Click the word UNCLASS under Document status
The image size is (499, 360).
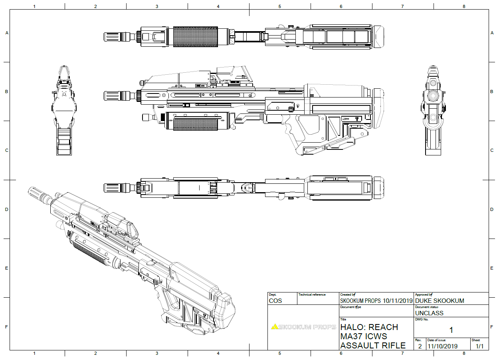429,313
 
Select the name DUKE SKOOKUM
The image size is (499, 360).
439,300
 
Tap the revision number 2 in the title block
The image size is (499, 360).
420,346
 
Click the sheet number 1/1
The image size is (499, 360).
479,346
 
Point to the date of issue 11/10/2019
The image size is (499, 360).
443,346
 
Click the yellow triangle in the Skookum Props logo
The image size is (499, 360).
274,327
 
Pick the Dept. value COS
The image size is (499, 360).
275,300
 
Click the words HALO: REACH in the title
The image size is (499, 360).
369,327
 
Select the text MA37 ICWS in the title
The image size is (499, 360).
363,336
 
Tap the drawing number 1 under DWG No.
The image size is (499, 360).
451,330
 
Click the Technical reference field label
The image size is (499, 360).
312,295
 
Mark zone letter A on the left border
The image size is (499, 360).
6,33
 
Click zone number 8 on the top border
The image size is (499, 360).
463,6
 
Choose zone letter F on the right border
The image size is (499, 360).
492,327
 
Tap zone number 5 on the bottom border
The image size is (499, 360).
279,353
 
